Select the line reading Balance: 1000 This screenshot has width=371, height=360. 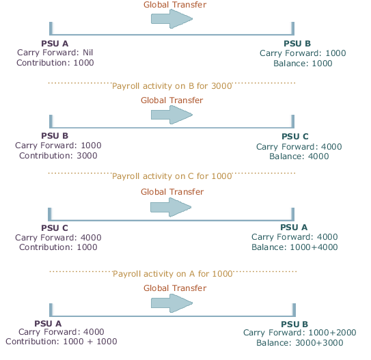coord(303,64)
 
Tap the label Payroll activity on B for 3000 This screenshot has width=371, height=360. coord(172,86)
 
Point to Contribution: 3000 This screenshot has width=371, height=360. coord(58,156)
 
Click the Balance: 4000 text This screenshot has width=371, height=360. coord(299,156)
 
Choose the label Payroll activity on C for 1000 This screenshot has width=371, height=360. coord(172,176)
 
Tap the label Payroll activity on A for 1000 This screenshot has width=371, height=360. coord(172,273)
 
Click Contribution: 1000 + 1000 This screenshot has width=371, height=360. coord(61,342)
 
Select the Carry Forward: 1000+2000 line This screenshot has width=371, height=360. coord(299,332)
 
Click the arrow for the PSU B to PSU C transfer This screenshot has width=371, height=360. coord(171,115)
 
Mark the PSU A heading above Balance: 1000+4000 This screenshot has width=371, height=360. coord(294,227)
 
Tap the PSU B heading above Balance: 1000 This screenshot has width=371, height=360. coord(297,44)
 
